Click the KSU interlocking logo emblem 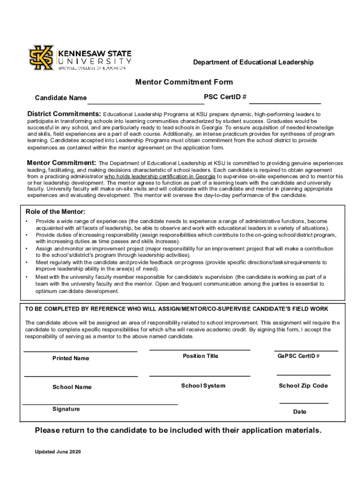[42, 57]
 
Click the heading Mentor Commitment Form [184, 82]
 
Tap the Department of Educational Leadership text [254, 62]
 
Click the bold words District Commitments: [64, 114]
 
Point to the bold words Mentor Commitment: [61, 163]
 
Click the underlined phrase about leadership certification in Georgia [160, 177]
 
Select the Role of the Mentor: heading [55, 211]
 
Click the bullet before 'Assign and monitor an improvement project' [27, 249]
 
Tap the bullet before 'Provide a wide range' [27, 221]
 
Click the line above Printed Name [80, 351]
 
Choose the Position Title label [200, 356]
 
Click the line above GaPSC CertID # [306, 350]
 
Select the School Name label [72, 387]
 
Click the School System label [203, 386]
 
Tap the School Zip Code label [303, 386]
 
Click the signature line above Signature [100, 404]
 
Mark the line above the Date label [303, 403]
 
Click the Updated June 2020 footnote [58, 452]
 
